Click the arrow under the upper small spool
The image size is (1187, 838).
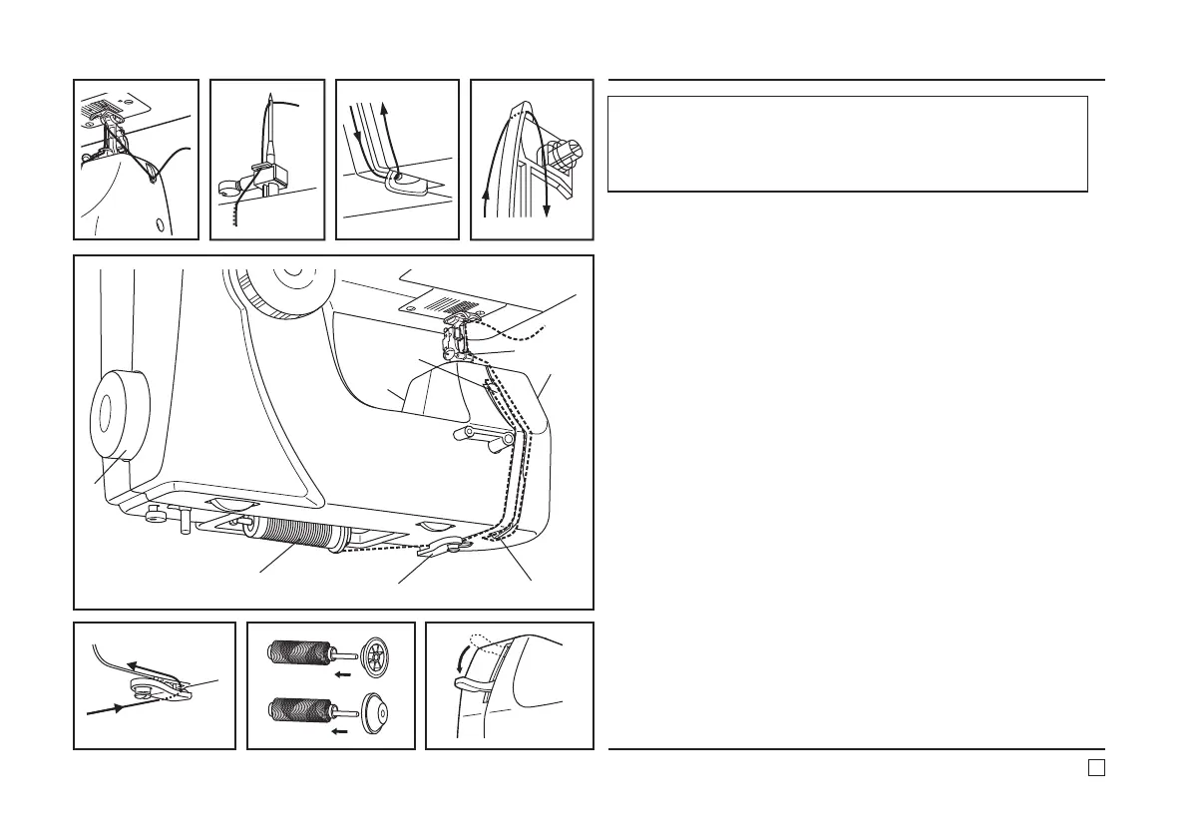(341, 674)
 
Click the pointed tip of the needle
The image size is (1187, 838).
(268, 99)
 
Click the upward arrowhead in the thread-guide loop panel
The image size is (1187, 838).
(385, 104)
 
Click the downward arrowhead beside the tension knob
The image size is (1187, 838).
(548, 211)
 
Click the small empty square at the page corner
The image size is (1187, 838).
(1095, 766)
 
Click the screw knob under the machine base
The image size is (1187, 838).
(153, 514)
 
